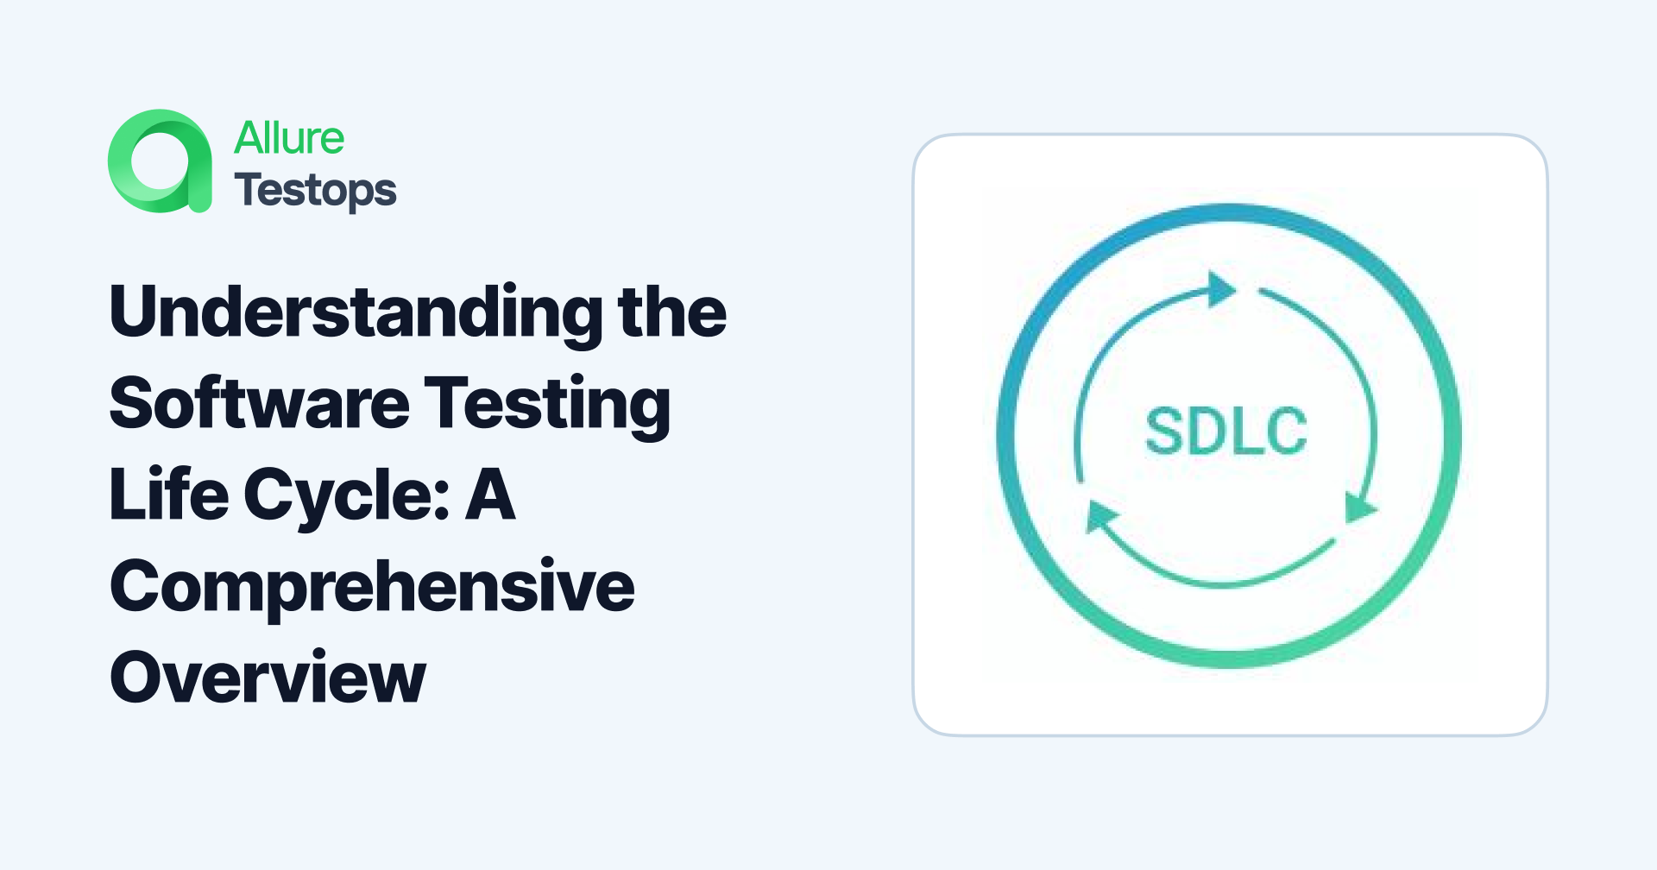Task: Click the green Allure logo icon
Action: [x=161, y=161]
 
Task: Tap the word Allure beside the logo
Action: [x=289, y=138]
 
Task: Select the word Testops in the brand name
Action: [x=315, y=191]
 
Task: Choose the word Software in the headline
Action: [x=259, y=403]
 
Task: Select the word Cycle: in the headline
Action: [x=346, y=496]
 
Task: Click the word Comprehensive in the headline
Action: [x=372, y=588]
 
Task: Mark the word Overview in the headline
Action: [x=268, y=678]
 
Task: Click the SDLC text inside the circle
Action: [x=1226, y=432]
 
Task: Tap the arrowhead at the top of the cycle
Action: [x=1219, y=289]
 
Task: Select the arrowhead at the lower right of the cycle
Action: [x=1359, y=507]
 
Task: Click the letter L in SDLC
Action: [x=1245, y=432]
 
